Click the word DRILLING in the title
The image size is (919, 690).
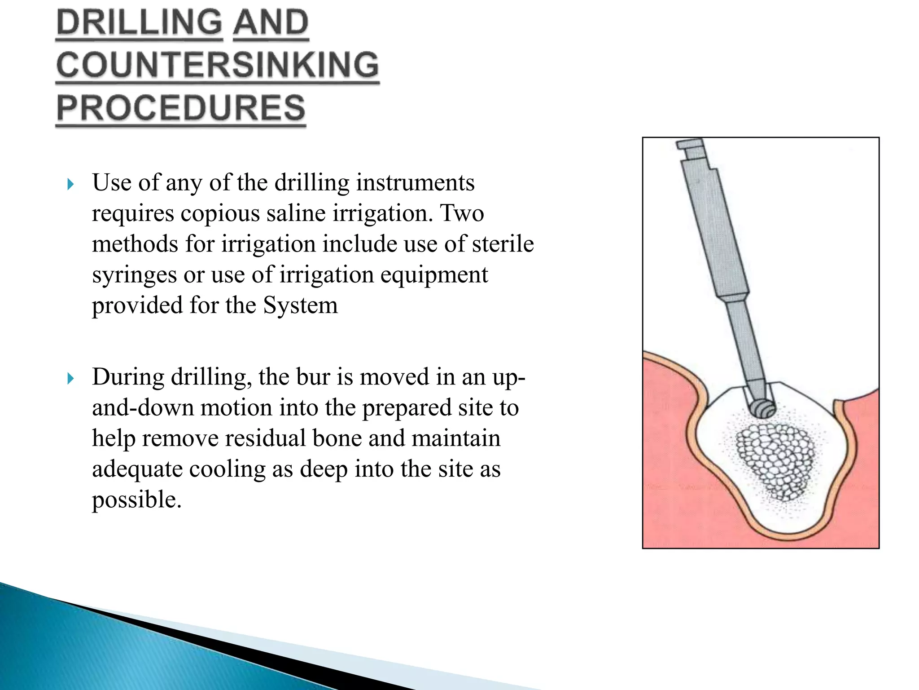click(x=139, y=23)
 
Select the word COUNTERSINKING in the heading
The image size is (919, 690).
click(x=218, y=65)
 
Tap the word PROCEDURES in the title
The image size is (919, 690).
click(x=181, y=108)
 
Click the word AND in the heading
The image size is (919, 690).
click(x=271, y=23)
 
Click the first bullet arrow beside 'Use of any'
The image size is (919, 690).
click(x=70, y=184)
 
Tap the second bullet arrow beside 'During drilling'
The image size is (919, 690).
click(x=70, y=378)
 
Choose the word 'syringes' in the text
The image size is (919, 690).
click(x=134, y=275)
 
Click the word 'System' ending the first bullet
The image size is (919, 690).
click(x=300, y=305)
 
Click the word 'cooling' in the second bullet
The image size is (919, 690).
click(x=227, y=469)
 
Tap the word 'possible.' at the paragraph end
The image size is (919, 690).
click(x=137, y=500)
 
